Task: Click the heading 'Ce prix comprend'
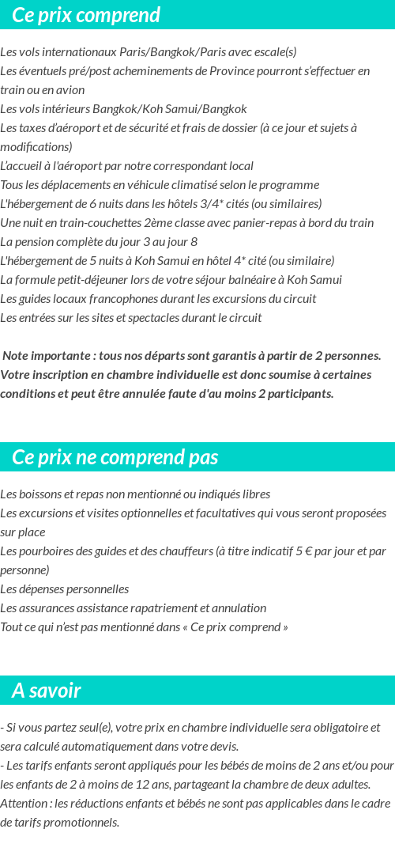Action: click(86, 15)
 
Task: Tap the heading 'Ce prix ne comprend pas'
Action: click(115, 457)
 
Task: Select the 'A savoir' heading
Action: click(47, 691)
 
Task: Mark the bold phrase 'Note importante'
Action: click(46, 356)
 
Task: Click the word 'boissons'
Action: click(39, 494)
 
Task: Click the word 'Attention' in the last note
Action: click(24, 804)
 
